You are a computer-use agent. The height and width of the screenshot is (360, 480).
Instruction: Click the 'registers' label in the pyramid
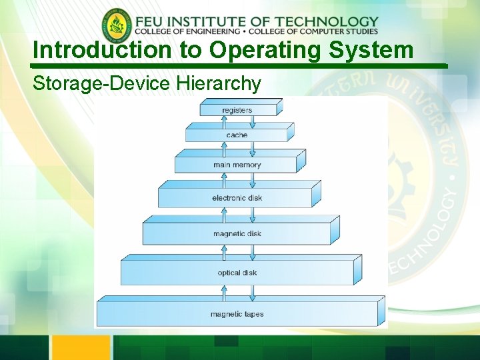(x=237, y=110)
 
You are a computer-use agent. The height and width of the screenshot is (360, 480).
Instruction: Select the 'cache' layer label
(x=237, y=135)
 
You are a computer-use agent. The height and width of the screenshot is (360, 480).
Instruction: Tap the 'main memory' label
(x=237, y=165)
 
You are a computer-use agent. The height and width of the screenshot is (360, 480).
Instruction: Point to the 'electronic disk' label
(x=237, y=198)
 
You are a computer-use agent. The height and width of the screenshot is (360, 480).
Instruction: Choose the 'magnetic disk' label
(x=237, y=234)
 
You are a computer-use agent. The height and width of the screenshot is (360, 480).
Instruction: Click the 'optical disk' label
(x=237, y=273)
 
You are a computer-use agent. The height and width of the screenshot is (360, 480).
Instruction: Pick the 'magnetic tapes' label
(x=237, y=314)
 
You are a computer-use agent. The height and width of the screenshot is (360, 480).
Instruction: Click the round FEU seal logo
(x=117, y=26)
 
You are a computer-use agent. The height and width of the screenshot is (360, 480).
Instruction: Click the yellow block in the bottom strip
(x=81, y=347)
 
